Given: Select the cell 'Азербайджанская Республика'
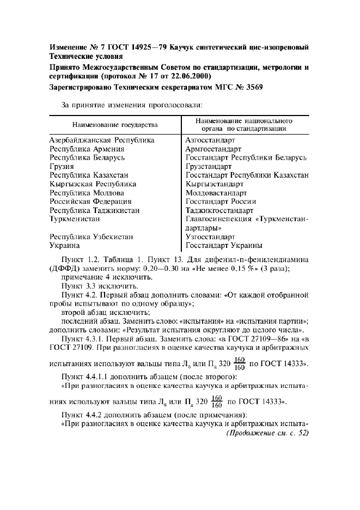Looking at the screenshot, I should click(x=102, y=140).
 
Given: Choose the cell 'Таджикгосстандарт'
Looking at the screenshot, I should click(x=219, y=210).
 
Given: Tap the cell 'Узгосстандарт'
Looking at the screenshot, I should click(x=210, y=237).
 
